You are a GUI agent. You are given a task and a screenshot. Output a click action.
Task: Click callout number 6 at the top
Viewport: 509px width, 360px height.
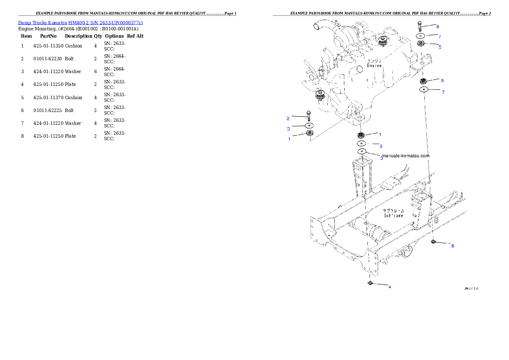[x=438, y=27]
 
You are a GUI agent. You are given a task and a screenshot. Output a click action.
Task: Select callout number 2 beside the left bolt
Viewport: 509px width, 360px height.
[x=288, y=118]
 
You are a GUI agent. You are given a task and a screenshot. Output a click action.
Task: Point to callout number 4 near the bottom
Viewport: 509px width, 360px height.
[x=390, y=287]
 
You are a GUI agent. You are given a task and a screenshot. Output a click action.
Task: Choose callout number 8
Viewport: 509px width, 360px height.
[x=453, y=246]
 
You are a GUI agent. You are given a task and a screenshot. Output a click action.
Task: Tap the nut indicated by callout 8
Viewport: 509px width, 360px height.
[x=433, y=242]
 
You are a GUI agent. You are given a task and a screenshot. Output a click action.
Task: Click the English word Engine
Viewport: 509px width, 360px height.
[x=374, y=65]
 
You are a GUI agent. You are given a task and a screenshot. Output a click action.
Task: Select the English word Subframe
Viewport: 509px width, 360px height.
[x=393, y=215]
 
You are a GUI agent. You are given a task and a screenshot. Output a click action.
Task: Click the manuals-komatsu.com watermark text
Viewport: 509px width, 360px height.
[x=405, y=156]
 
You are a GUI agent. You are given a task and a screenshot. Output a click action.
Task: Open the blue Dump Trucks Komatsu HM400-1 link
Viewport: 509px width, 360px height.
[x=80, y=22]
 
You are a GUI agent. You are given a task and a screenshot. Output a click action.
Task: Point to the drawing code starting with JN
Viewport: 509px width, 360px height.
[x=471, y=289]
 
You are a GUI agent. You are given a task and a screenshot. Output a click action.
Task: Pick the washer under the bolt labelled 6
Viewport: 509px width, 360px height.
[x=420, y=35]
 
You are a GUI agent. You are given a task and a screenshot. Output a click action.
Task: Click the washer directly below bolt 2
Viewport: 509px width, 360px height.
[x=309, y=126]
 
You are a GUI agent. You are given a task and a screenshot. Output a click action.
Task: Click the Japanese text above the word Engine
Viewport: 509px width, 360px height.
[x=375, y=60]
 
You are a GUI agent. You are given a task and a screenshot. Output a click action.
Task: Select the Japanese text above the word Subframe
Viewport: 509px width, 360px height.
[x=393, y=211]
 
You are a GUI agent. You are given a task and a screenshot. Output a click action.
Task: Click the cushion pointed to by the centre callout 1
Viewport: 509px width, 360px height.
[x=361, y=135]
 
